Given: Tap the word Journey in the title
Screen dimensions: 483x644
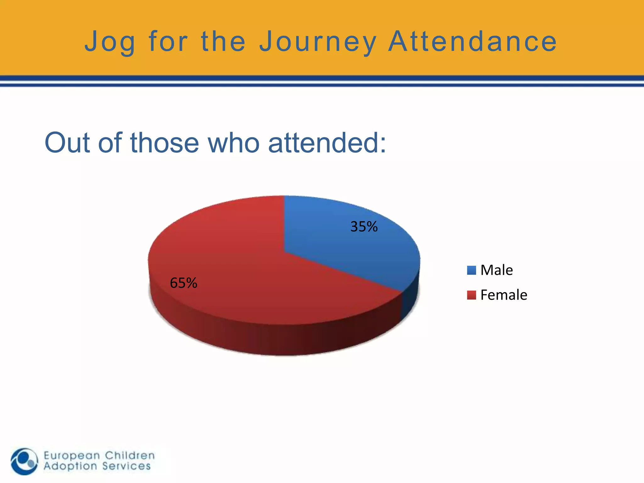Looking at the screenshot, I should tap(318, 42).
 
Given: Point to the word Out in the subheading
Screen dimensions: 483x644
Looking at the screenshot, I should tap(67, 143).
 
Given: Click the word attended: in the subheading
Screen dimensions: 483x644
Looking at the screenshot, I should tap(327, 143).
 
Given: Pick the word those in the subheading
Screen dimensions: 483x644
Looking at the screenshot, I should tap(164, 143).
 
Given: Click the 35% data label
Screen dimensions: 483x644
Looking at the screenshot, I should tap(364, 227).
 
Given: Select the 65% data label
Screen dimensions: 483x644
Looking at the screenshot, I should tap(183, 283).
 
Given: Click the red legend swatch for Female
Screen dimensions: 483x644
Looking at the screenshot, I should tap(471, 295).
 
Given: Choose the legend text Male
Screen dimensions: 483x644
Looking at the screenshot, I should tap(497, 270).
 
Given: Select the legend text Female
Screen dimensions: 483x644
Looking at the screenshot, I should tap(503, 295).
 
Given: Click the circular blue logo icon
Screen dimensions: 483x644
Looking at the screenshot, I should tap(24, 461).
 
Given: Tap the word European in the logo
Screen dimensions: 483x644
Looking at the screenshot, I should tap(72, 456).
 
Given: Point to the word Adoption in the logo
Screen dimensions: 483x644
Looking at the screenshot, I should tap(70, 466).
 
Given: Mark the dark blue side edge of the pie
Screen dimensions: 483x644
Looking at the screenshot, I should tap(410, 302).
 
